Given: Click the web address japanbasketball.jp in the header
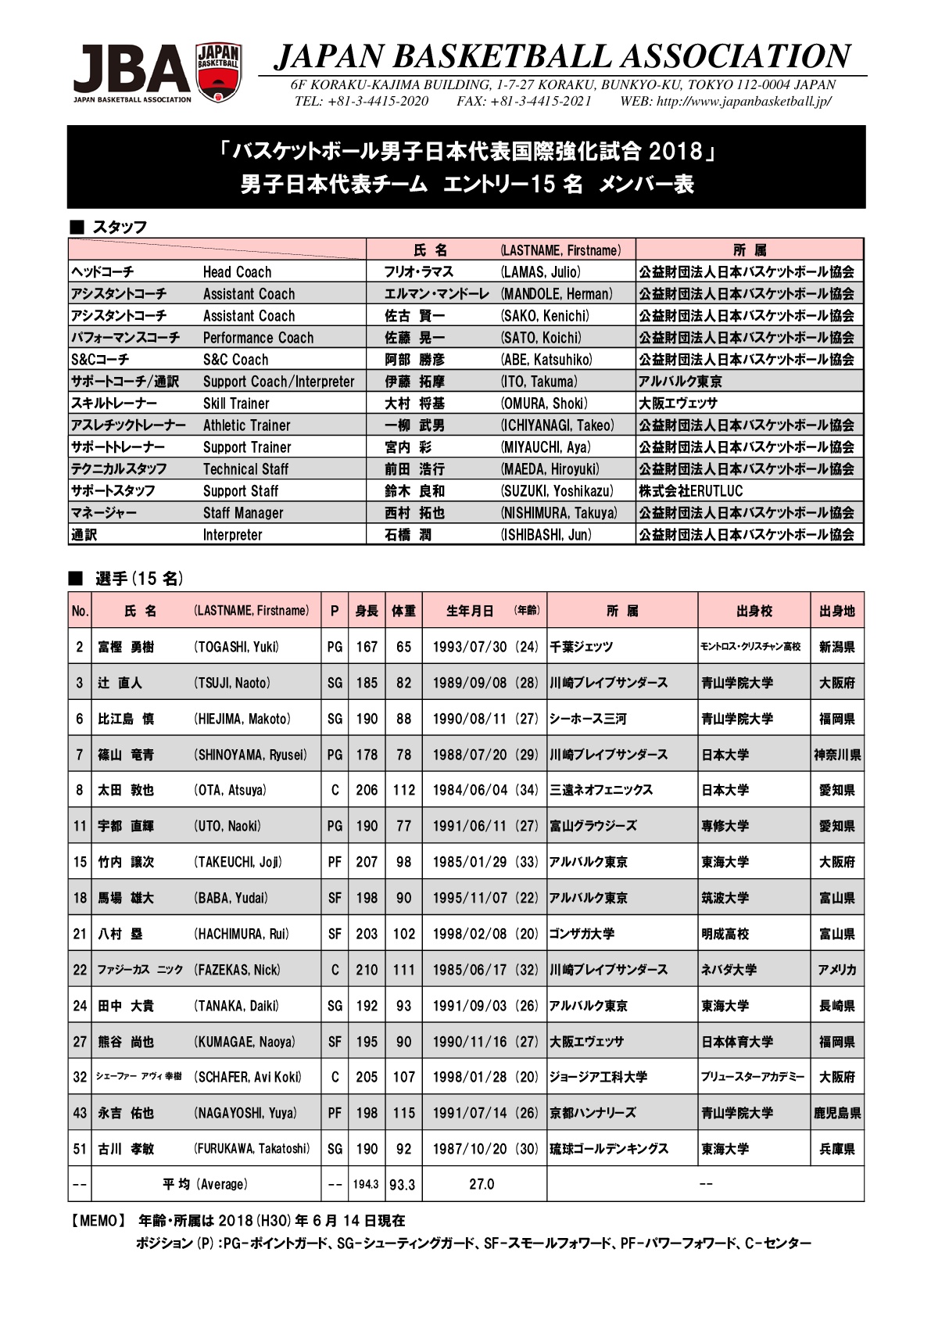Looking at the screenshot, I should click(x=743, y=101).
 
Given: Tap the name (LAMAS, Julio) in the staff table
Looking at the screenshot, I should click(x=540, y=272).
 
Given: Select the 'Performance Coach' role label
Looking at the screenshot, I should click(x=258, y=338).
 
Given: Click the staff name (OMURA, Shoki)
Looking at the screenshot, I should click(x=544, y=404).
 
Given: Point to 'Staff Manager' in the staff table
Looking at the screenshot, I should click(x=243, y=513).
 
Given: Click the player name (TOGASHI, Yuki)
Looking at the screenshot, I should click(x=236, y=647).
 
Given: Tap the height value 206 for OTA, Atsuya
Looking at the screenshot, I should click(x=367, y=790).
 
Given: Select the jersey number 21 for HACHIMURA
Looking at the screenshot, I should click(x=80, y=934).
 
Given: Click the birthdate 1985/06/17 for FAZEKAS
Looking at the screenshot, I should click(x=470, y=970).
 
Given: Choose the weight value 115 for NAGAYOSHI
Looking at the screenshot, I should click(x=403, y=1113).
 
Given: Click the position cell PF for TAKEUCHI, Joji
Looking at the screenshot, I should click(x=335, y=862).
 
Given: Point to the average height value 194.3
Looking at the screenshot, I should click(x=365, y=1185).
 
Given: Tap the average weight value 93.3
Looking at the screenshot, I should click(x=403, y=1185).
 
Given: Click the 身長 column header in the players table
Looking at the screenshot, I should click(x=367, y=611).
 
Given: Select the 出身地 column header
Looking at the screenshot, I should click(x=836, y=611).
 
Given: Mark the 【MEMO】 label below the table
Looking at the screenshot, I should click(x=98, y=1221).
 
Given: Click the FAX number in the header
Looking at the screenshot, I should click(x=524, y=101).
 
